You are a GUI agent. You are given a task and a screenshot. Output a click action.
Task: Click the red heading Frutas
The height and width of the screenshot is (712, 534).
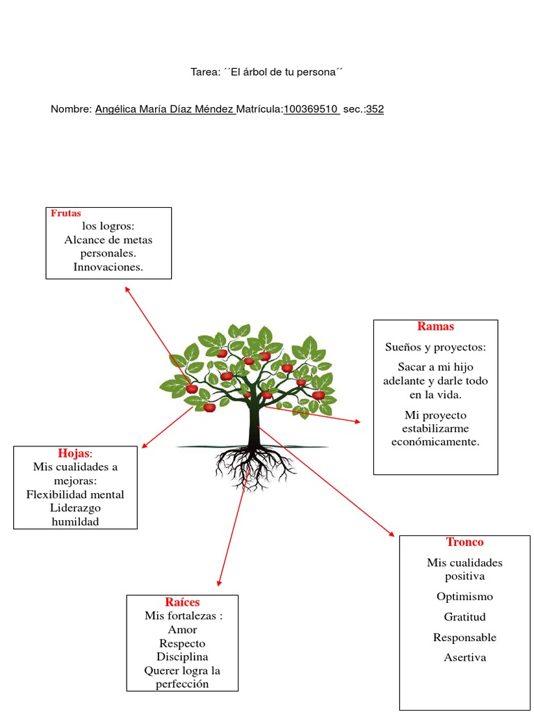(x=66, y=213)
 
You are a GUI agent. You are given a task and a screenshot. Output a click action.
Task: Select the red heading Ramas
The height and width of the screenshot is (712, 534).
(x=435, y=326)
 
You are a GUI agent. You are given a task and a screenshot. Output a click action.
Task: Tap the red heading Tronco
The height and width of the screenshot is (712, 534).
(x=464, y=542)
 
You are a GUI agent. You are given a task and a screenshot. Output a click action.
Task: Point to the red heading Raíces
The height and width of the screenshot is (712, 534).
(x=182, y=601)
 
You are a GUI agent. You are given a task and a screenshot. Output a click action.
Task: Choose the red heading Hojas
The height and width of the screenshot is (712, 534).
(x=74, y=453)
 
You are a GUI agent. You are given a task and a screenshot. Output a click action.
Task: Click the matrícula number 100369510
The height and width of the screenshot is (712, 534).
(x=311, y=109)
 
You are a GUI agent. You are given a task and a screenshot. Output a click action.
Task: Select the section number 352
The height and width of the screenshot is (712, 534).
(x=375, y=109)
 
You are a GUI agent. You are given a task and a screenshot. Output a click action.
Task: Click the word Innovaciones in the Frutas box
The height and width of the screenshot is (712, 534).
(x=108, y=267)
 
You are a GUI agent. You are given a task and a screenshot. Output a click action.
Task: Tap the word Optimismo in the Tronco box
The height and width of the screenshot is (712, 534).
(x=464, y=597)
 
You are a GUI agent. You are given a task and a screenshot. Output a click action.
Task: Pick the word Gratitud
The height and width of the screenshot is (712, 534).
(x=464, y=617)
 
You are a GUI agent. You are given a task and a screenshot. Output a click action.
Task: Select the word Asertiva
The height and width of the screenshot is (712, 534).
(x=464, y=657)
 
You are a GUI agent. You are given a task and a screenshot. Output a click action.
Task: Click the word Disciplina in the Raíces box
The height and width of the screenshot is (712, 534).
(x=182, y=656)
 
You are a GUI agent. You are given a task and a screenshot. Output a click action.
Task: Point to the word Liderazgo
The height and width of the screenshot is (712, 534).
(x=75, y=508)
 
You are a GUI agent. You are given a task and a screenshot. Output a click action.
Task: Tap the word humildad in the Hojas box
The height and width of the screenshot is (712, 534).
(x=75, y=521)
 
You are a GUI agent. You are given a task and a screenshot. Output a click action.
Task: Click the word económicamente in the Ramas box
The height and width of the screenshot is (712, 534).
(x=435, y=442)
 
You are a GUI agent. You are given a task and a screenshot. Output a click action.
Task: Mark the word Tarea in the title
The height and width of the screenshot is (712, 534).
(x=205, y=72)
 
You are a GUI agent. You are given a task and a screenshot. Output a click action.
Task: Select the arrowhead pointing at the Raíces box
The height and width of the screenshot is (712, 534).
(x=219, y=582)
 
